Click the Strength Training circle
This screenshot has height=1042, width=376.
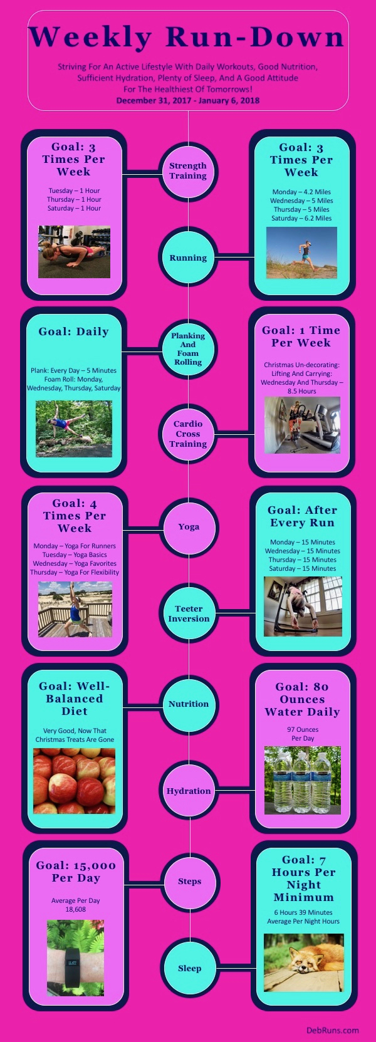click(188, 171)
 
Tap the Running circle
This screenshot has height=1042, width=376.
click(188, 258)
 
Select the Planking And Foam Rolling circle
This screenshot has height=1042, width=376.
click(188, 349)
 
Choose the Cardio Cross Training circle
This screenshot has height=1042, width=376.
click(188, 434)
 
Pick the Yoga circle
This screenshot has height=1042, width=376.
click(189, 527)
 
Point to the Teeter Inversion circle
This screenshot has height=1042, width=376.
click(189, 613)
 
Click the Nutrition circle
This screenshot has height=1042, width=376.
click(189, 704)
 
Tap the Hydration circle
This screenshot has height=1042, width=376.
click(189, 791)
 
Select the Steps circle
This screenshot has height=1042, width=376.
click(189, 882)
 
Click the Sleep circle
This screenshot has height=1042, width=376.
click(189, 968)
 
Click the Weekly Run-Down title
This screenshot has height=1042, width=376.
click(187, 38)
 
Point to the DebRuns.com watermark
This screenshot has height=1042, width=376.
click(333, 1030)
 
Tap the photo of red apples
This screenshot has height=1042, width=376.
click(74, 781)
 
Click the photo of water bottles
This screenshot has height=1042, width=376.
click(303, 780)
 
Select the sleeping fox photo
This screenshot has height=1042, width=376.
click(303, 962)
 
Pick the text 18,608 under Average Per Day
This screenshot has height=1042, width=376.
click(76, 909)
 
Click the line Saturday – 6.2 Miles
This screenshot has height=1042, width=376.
click(301, 218)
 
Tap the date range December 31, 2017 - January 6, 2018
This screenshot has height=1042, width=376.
click(188, 100)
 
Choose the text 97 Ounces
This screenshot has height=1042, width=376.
click(303, 729)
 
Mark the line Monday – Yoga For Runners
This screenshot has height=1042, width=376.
click(75, 546)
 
